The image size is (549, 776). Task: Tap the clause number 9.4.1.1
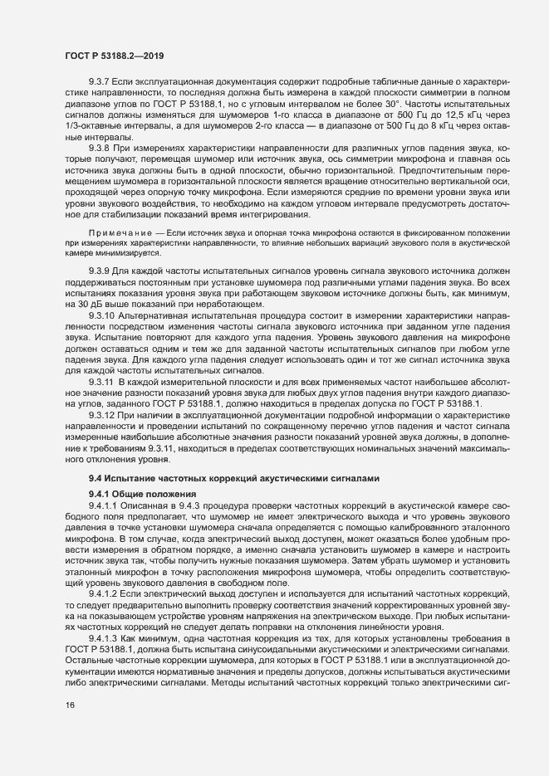pos(104,506)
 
